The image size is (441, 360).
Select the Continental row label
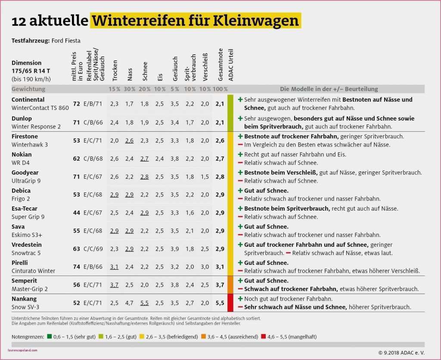[x=28, y=99]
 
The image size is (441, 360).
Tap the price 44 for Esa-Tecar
[x=77, y=212]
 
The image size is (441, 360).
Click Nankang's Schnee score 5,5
[x=144, y=303]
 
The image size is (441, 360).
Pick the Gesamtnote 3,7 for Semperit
[x=220, y=285]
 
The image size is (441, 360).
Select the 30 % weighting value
[x=129, y=89]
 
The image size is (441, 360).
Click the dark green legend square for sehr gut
[x=50, y=337]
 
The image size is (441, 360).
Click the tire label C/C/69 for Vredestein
[x=93, y=248]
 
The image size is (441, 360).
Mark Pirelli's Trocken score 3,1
[x=114, y=267]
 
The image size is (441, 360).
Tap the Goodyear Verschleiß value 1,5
[x=205, y=176]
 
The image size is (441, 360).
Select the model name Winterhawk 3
[x=30, y=144]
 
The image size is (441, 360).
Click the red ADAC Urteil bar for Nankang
[x=230, y=303]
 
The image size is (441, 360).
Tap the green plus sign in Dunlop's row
[x=240, y=118]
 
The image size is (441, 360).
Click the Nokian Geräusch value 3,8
[x=174, y=158]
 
